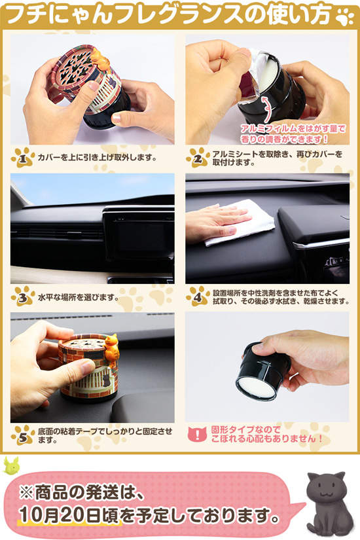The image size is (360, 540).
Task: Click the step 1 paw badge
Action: (x=22, y=158)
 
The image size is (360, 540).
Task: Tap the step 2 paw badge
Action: (x=198, y=158)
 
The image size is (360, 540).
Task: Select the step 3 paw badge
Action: (x=22, y=297)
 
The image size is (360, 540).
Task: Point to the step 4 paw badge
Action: (x=198, y=297)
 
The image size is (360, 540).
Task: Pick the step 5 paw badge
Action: (x=22, y=436)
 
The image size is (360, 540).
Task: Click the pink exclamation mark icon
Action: (x=197, y=435)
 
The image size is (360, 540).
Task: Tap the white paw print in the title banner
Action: (x=345, y=17)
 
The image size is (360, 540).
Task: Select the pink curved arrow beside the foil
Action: (x=266, y=109)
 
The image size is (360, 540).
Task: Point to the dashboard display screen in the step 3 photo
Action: (x=139, y=235)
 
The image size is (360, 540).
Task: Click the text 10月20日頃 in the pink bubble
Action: (x=69, y=515)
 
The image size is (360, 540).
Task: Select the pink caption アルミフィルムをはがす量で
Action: (x=293, y=129)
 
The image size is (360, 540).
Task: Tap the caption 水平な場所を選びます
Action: (x=78, y=297)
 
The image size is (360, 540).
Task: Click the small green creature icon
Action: (x=11, y=465)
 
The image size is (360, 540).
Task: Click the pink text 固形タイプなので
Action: (x=246, y=429)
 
